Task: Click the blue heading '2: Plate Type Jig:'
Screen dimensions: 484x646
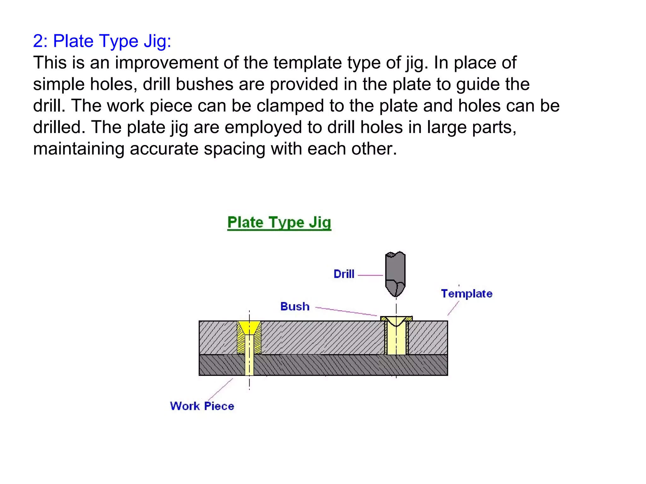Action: [102, 41]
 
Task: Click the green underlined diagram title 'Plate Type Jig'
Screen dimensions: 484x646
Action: [279, 222]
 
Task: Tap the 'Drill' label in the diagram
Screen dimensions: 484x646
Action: [344, 274]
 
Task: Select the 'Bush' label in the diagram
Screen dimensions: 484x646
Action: [295, 307]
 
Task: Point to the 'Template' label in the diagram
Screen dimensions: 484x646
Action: [467, 294]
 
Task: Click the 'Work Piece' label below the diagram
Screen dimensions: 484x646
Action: [202, 406]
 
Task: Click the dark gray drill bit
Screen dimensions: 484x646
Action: [395, 268]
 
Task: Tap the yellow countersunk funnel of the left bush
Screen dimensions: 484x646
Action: [249, 327]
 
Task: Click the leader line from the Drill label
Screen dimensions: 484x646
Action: [370, 275]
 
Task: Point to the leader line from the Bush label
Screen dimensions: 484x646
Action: [346, 311]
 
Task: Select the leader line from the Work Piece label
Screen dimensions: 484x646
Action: [220, 389]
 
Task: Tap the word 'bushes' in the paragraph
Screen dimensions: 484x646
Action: [204, 84]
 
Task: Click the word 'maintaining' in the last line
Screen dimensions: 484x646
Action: [79, 149]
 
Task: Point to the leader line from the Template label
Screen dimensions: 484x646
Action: [453, 308]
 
